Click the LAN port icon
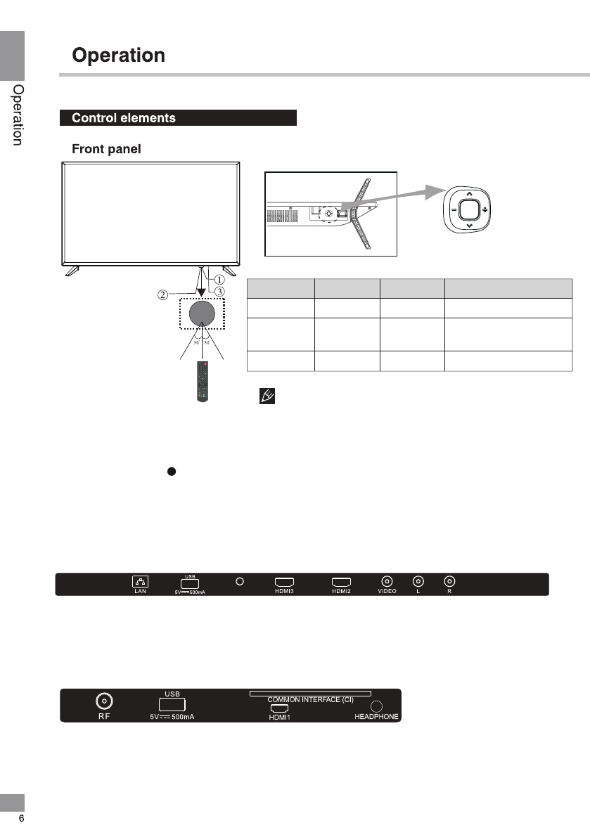click(x=140, y=581)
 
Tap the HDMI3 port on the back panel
click(x=284, y=582)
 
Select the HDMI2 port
click(x=341, y=582)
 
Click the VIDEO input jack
click(x=387, y=581)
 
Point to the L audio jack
click(x=418, y=581)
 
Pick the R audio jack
click(x=449, y=581)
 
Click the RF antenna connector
click(x=104, y=701)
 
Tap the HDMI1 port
click(x=279, y=708)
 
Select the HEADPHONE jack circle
click(x=376, y=706)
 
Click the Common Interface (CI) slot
click(x=310, y=694)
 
